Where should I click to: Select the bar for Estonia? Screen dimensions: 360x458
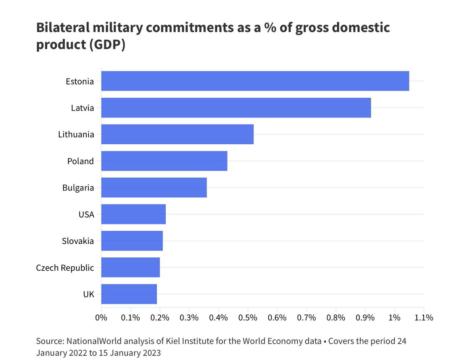click(255, 81)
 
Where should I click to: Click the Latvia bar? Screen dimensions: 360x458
click(236, 108)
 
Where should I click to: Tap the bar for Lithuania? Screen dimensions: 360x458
click(177, 134)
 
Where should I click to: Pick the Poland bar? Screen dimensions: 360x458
click(164, 161)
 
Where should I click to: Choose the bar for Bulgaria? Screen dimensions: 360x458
click(154, 187)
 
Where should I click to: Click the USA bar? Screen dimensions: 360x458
click(133, 214)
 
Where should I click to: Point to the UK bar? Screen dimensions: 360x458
click(129, 294)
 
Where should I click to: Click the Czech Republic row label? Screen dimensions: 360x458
click(65, 268)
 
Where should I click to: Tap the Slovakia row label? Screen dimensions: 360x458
click(78, 241)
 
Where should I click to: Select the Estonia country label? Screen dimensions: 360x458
click(80, 81)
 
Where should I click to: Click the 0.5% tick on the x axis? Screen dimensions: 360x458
click(248, 318)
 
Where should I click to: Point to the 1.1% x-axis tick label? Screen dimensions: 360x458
click(424, 318)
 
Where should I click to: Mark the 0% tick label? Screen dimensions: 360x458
click(101, 318)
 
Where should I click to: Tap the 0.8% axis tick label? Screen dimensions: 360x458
click(336, 318)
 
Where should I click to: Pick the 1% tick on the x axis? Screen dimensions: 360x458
click(394, 318)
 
